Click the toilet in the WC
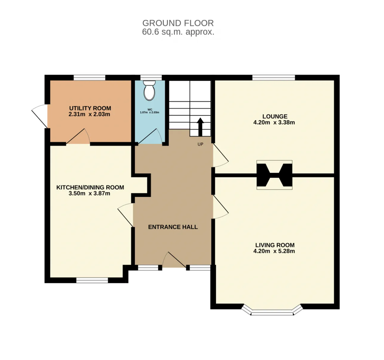point(149,91)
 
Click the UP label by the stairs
point(200,144)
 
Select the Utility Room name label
point(90,108)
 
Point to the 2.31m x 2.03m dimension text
point(89,114)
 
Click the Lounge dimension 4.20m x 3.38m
point(274,122)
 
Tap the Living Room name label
point(275,245)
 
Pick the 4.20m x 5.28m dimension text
point(274,251)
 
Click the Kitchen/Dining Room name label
point(90,187)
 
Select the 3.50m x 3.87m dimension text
point(89,193)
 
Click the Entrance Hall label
point(173,227)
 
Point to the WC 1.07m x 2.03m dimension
point(149,112)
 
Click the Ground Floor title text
point(178,23)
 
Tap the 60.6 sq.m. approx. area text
point(178,32)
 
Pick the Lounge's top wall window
point(274,78)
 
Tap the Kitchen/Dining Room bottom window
point(92,280)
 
